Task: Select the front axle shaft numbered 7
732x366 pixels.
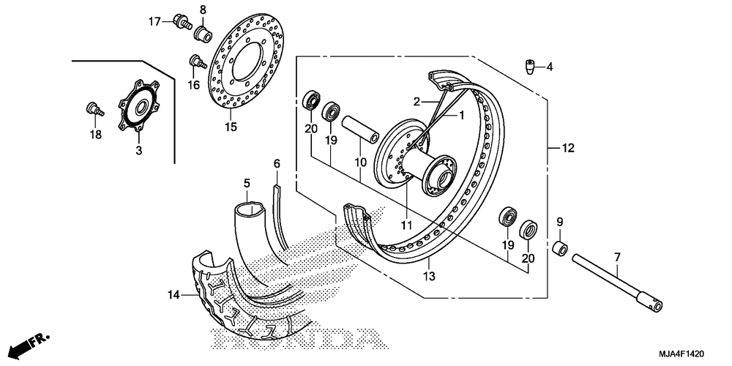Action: [619, 281]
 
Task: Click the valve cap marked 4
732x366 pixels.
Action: [529, 68]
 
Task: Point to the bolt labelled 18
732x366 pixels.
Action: [93, 110]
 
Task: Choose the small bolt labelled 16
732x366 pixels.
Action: [195, 61]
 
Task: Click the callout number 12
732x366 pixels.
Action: [568, 149]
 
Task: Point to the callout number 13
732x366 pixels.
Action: [429, 276]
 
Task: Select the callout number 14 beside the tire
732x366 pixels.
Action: [173, 296]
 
